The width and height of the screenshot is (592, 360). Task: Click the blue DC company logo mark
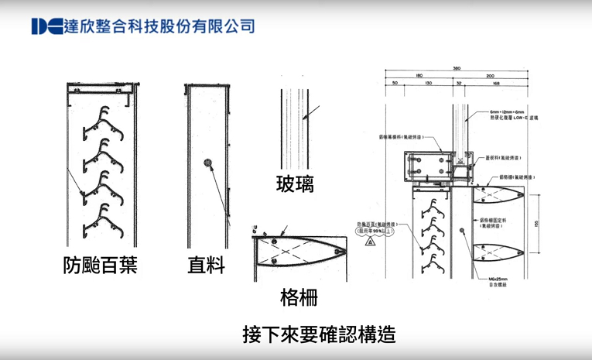[45, 26]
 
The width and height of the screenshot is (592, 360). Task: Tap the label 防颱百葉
[101, 266]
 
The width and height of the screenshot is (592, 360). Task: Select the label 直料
[207, 266]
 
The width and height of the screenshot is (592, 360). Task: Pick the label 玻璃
[295, 184]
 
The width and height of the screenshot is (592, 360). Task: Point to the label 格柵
[298, 297]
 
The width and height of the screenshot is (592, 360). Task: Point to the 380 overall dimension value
[457, 68]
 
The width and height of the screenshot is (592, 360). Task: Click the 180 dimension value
[419, 75]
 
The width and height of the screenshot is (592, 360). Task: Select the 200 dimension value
[490, 75]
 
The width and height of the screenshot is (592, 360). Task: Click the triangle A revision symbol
[370, 242]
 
